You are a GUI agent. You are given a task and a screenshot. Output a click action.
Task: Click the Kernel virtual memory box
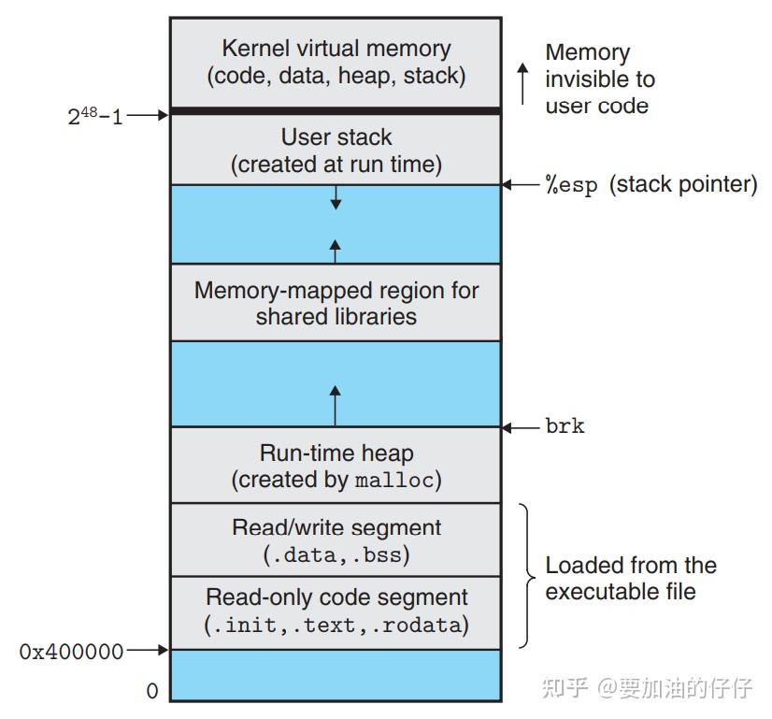[336, 62]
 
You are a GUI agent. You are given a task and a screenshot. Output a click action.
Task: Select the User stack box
[336, 151]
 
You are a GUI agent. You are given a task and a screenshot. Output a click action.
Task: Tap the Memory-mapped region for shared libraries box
[336, 303]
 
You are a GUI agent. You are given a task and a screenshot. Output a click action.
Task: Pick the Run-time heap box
[336, 466]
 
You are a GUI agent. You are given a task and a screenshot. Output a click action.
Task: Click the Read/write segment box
[336, 540]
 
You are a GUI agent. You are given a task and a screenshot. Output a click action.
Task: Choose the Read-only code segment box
[336, 611]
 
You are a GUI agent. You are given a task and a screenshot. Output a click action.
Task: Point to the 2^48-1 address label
[94, 116]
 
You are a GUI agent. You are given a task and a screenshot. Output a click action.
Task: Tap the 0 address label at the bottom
[152, 692]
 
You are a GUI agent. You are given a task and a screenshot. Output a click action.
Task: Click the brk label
[565, 426]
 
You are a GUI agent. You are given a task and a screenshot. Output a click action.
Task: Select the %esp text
[570, 185]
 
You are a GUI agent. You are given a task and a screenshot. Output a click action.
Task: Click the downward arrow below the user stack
[336, 196]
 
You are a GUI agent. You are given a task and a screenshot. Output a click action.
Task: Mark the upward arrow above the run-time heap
[336, 404]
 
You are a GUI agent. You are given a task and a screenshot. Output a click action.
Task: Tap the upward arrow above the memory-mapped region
[336, 250]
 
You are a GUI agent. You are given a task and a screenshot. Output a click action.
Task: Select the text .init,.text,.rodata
[336, 625]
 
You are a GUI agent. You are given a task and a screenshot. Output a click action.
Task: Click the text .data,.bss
[336, 554]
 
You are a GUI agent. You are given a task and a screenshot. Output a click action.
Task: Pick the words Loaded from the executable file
[631, 578]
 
